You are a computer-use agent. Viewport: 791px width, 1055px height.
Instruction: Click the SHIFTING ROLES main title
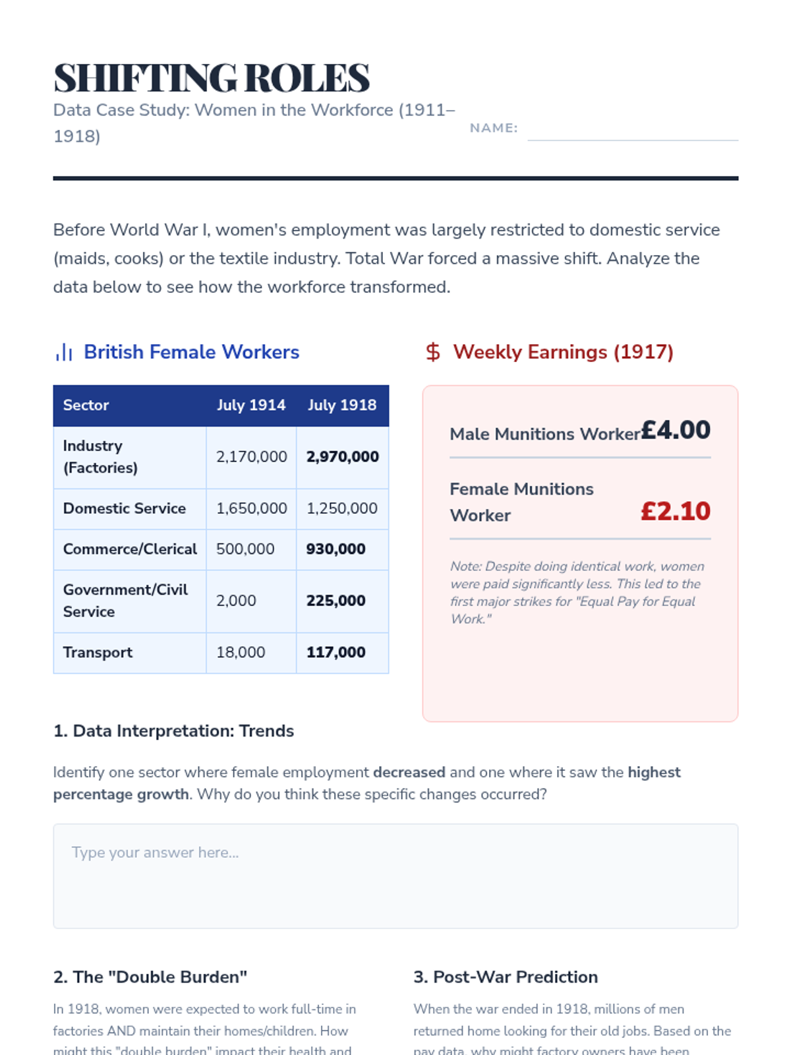pyautogui.click(x=211, y=78)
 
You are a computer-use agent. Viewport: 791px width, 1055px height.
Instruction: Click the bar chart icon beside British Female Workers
pyautogui.click(x=64, y=352)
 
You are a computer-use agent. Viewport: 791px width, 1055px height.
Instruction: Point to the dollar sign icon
pyautogui.click(x=433, y=352)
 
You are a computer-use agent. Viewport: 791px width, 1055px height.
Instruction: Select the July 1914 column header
pyautogui.click(x=251, y=405)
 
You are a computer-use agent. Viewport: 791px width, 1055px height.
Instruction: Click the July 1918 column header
pyautogui.click(x=342, y=405)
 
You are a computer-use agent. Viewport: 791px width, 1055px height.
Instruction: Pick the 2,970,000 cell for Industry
pyautogui.click(x=342, y=456)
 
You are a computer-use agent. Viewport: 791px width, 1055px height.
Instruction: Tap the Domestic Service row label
pyautogui.click(x=125, y=508)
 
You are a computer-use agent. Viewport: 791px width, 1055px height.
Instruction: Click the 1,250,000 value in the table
pyautogui.click(x=342, y=508)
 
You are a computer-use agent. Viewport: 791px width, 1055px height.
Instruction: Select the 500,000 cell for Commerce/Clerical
pyautogui.click(x=245, y=549)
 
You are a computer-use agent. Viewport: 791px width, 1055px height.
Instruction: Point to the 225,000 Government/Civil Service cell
pyautogui.click(x=336, y=601)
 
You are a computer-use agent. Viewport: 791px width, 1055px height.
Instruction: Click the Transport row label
pyautogui.click(x=98, y=652)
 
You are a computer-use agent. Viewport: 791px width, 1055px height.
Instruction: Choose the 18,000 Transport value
pyautogui.click(x=241, y=652)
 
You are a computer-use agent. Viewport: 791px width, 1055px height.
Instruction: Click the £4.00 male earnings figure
pyautogui.click(x=676, y=431)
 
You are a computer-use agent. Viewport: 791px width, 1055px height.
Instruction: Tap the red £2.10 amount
pyautogui.click(x=676, y=512)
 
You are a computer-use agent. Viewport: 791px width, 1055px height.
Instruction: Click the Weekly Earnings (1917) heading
pyautogui.click(x=563, y=352)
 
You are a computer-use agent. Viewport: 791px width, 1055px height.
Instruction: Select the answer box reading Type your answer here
pyautogui.click(x=395, y=876)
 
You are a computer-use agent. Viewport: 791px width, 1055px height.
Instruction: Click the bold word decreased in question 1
pyautogui.click(x=409, y=772)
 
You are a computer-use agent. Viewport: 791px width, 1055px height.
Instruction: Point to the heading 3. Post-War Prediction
pyautogui.click(x=506, y=977)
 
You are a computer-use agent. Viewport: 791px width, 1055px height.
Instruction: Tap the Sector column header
pyautogui.click(x=86, y=405)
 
